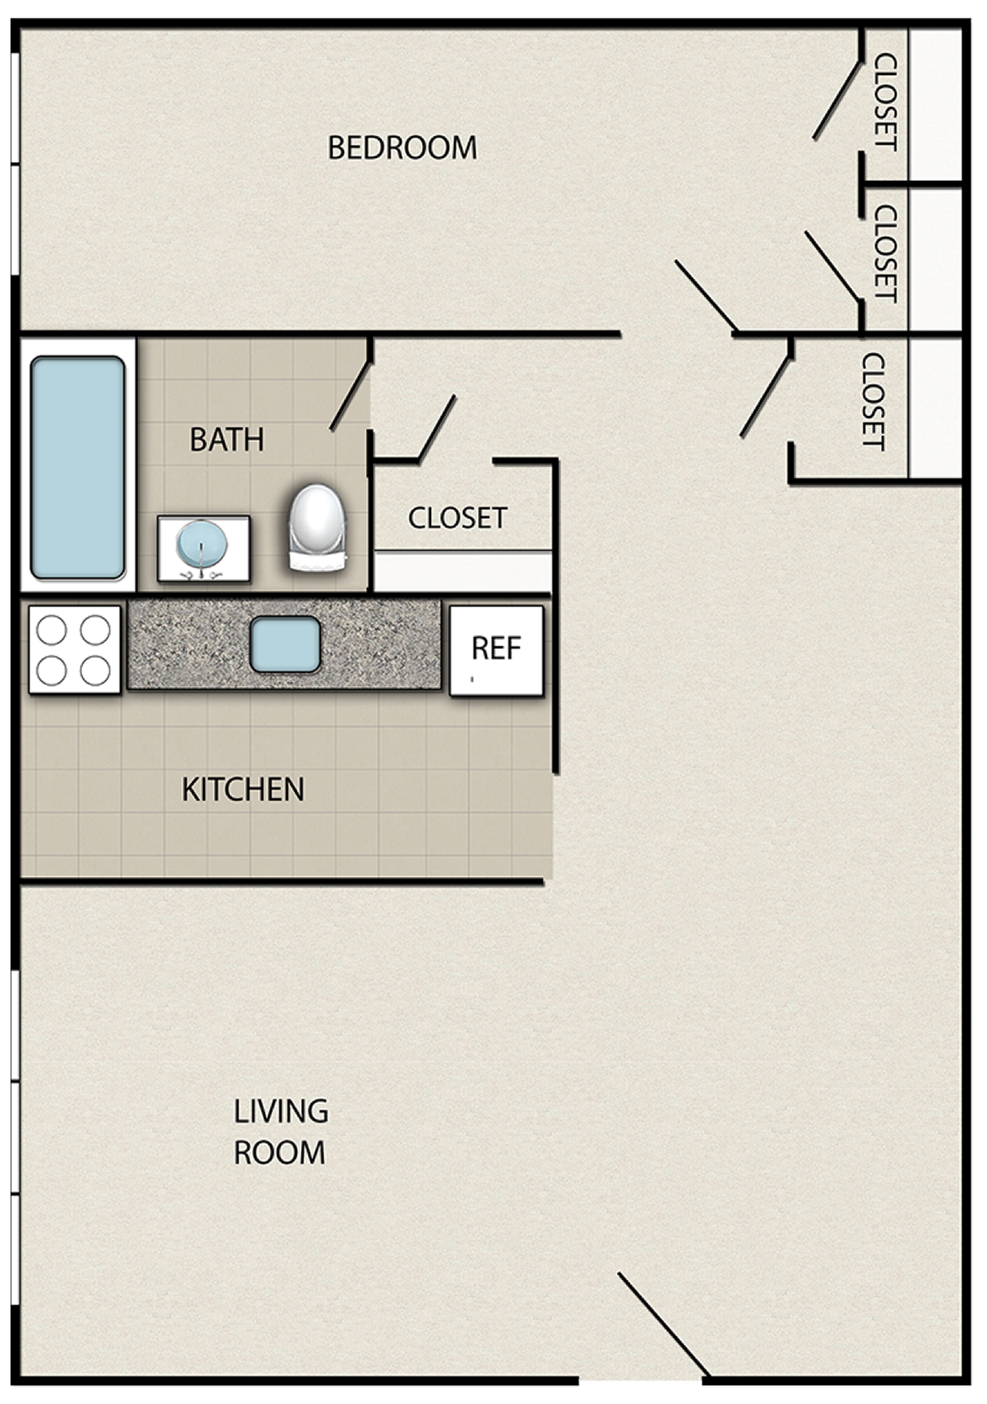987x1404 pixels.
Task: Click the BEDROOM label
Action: click(402, 148)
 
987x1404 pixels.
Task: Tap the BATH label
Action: click(227, 439)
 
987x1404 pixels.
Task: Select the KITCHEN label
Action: click(243, 789)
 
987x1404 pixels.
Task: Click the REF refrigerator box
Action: click(496, 650)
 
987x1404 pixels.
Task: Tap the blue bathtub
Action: click(77, 467)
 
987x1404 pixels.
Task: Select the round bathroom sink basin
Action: click(202, 545)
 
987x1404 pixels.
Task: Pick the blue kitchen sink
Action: click(285, 644)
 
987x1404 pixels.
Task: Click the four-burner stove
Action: click(74, 649)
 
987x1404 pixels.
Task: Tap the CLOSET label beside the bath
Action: click(457, 517)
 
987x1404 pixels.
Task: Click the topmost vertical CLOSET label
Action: click(886, 102)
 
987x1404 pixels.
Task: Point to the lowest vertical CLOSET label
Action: click(873, 401)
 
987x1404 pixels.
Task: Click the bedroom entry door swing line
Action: click(705, 295)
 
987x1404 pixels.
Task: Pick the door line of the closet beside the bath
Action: click(436, 428)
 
